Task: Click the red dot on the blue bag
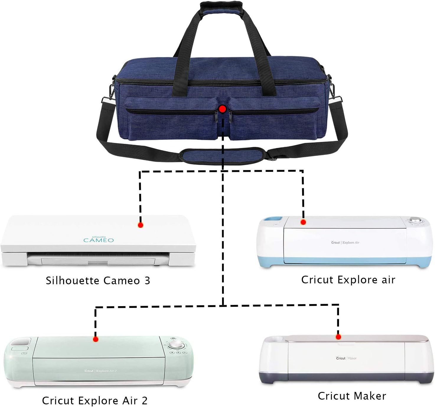click(x=223, y=109)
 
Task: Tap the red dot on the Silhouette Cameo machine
click(x=141, y=225)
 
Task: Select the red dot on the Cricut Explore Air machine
click(x=303, y=222)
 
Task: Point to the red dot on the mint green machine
click(x=95, y=339)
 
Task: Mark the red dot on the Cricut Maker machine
click(x=338, y=337)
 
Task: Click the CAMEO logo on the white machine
click(x=99, y=240)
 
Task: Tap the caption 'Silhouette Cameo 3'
click(x=98, y=280)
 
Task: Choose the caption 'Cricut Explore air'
click(x=348, y=280)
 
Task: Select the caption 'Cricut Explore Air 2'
click(x=95, y=400)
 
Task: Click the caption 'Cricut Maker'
click(x=352, y=396)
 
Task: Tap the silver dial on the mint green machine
click(x=177, y=345)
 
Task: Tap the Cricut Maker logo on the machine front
click(x=346, y=358)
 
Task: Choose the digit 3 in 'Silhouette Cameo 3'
click(x=147, y=280)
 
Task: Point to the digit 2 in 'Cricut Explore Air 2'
click(x=144, y=400)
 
